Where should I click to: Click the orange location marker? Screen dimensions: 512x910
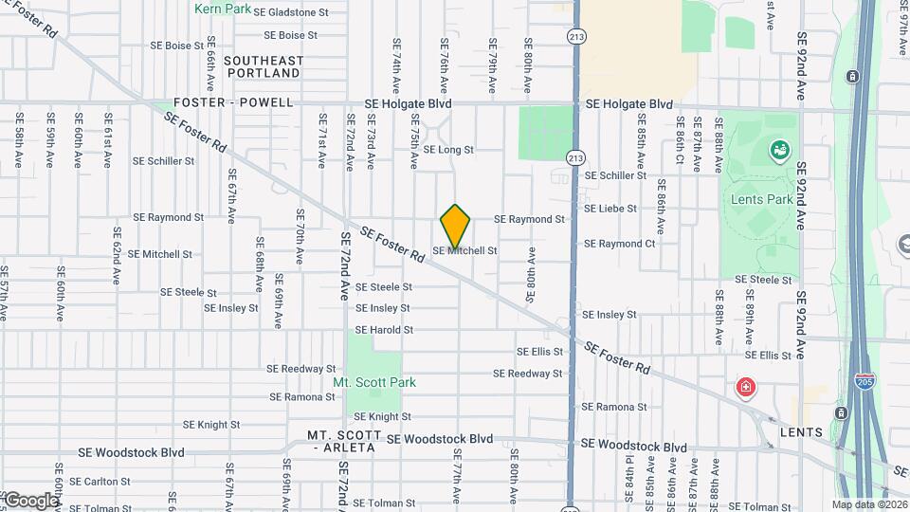455,226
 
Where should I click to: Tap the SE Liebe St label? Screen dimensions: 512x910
610,209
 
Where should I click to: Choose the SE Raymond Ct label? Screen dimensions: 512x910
619,244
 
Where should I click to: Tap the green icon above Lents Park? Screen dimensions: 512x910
779,150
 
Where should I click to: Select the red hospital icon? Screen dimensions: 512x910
746,387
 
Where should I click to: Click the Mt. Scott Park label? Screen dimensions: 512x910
373,382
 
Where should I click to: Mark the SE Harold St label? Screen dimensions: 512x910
384,330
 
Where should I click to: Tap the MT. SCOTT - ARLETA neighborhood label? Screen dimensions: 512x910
344,441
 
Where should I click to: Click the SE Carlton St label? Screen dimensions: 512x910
106,482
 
